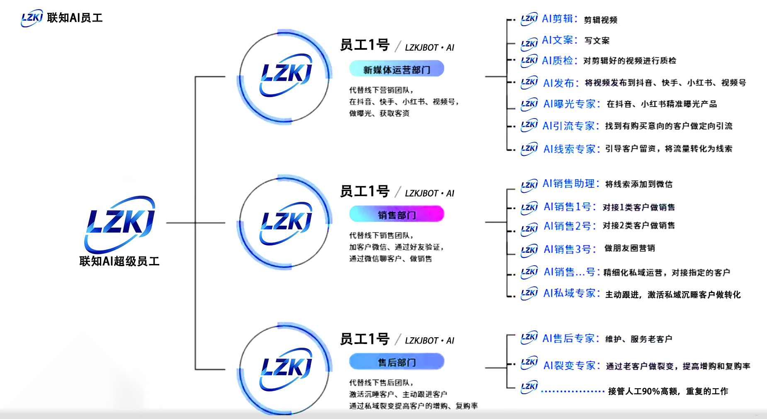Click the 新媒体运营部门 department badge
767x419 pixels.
[x=397, y=69]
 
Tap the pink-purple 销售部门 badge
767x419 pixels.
[x=397, y=214]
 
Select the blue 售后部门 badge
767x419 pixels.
[x=397, y=362]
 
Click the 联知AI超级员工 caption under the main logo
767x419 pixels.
[x=119, y=261]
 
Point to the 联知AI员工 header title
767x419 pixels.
[x=75, y=18]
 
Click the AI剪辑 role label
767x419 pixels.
[x=560, y=19]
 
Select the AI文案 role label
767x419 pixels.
[x=560, y=40]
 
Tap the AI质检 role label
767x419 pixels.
[x=560, y=61]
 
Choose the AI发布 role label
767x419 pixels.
[x=561, y=83]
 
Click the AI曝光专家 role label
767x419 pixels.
[x=572, y=104]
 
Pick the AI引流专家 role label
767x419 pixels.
[x=571, y=126]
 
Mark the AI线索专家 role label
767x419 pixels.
[x=572, y=149]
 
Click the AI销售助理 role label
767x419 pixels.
[x=571, y=184]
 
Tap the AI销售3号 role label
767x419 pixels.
[x=570, y=249]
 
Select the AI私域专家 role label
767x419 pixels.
[x=572, y=293]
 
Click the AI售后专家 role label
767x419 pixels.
[x=571, y=338]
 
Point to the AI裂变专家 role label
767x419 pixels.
[x=572, y=365]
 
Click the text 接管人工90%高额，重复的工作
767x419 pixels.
[x=668, y=391]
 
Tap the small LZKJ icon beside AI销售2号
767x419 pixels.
[x=529, y=229]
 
